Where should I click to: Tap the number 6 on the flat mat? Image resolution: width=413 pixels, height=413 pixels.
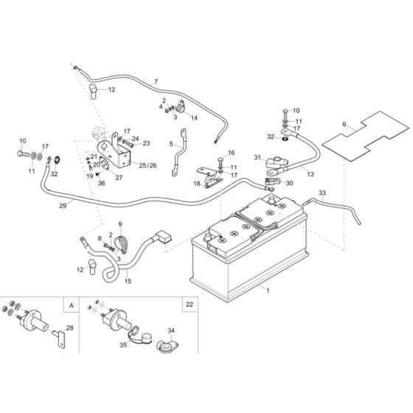coord(344,126)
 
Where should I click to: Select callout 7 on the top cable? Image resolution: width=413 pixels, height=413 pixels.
coord(156,80)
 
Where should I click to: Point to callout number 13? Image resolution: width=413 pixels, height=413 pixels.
coord(310,174)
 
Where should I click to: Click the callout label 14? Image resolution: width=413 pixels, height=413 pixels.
coord(195,117)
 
